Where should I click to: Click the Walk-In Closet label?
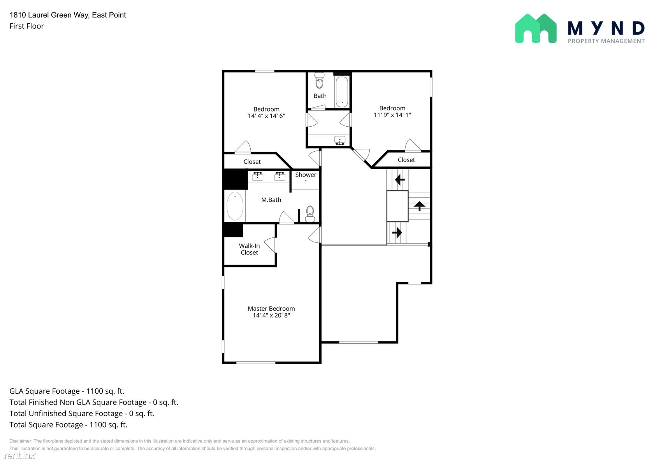tap(249, 249)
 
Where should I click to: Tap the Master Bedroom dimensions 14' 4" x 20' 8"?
tap(271, 315)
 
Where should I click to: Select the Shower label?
tap(306, 175)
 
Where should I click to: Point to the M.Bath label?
tap(271, 200)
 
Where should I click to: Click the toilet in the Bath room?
tap(319, 80)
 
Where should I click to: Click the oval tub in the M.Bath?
tap(235, 206)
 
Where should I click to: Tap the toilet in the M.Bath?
tap(310, 214)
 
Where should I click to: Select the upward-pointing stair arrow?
tap(420, 206)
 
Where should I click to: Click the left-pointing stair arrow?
tap(400, 179)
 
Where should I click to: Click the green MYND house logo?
tap(536, 28)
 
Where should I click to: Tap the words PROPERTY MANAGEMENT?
tap(606, 41)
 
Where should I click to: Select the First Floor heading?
tap(26, 26)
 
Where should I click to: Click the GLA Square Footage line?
tap(67, 391)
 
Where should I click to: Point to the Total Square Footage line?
tap(69, 425)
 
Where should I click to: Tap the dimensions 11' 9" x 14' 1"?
tap(392, 115)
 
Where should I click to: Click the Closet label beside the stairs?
tap(406, 160)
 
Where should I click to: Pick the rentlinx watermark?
tap(20, 456)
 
